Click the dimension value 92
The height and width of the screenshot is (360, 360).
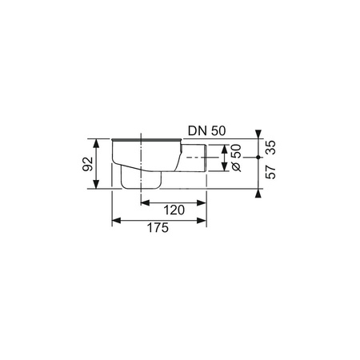tap(87, 164)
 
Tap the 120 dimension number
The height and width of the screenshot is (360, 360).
tap(174, 210)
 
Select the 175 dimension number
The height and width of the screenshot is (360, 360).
tap(158, 228)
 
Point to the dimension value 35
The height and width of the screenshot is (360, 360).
tap(271, 147)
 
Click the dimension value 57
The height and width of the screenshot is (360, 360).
tap(271, 172)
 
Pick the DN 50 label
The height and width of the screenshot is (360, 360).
tap(207, 131)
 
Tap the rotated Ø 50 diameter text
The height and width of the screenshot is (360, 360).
tap(236, 158)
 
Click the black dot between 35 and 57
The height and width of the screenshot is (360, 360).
tap(258, 158)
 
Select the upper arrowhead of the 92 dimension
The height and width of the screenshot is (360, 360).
tap(97, 143)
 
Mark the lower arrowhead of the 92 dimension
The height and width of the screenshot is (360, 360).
tap(97, 184)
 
